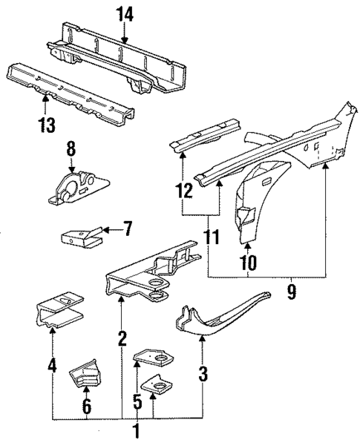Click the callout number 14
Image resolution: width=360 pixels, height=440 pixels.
(x=122, y=13)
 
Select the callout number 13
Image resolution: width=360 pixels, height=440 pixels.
(x=47, y=125)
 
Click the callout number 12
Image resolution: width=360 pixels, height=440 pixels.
(x=183, y=191)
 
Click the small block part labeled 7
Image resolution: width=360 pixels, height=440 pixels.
(x=78, y=239)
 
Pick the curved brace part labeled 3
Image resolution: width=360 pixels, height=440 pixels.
(x=223, y=312)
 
